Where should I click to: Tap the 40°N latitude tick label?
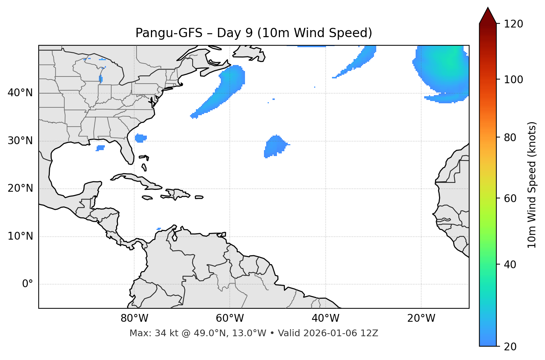pyautogui.click(x=20, y=93)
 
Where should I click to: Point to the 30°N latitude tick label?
pyautogui.click(x=20, y=141)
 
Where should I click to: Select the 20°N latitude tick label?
pyautogui.click(x=20, y=188)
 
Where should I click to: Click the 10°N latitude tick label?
pyautogui.click(x=20, y=236)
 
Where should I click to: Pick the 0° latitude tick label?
pyautogui.click(x=28, y=284)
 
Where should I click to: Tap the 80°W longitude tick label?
pyautogui.click(x=134, y=318)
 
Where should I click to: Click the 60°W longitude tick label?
pyautogui.click(x=230, y=318)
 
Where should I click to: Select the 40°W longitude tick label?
pyautogui.click(x=325, y=318)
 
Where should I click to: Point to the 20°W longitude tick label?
pyautogui.click(x=421, y=318)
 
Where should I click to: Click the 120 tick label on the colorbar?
pyautogui.click(x=513, y=24)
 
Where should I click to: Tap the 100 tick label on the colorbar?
pyautogui.click(x=513, y=80)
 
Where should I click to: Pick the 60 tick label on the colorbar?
pyautogui.click(x=511, y=198)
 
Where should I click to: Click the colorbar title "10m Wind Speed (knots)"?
pyautogui.click(x=532, y=185)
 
